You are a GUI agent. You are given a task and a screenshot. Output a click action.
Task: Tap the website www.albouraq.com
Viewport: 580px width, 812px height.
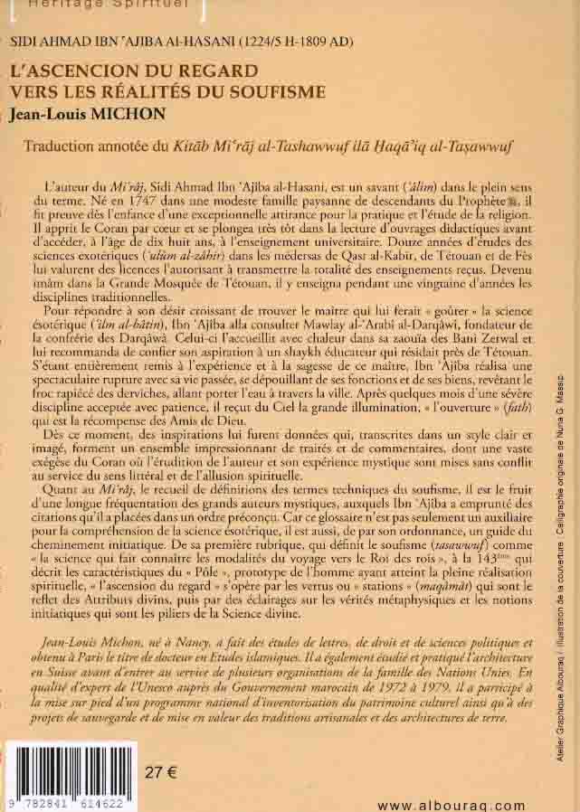pos(450,805)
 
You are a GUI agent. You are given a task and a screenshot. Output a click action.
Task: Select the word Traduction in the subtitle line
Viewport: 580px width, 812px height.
pos(65,146)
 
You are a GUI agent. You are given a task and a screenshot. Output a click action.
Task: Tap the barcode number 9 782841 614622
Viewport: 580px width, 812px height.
pos(69,802)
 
